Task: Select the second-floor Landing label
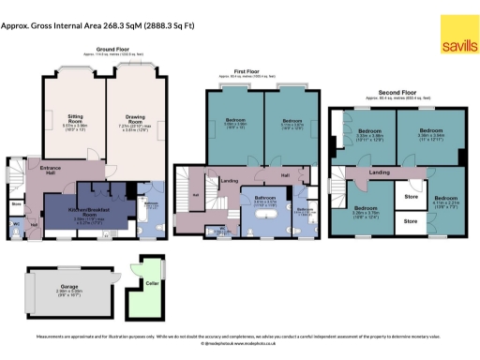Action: pyautogui.click(x=380, y=172)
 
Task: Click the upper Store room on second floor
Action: pyautogui.click(x=410, y=197)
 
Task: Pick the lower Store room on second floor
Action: pyautogui.click(x=410, y=221)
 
